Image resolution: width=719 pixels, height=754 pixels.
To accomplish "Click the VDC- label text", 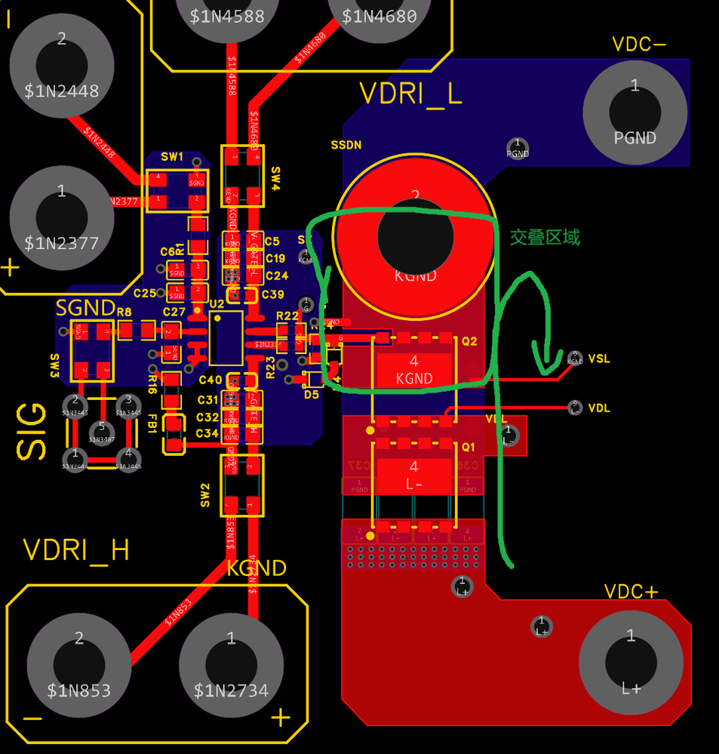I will pos(638,45).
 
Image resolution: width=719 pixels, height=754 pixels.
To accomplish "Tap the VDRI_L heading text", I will pos(410,94).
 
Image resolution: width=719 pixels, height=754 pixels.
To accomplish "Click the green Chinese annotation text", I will pos(545,237).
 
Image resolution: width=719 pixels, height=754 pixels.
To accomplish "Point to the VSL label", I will pos(599,359).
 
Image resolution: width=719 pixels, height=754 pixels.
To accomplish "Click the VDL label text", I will pos(599,408).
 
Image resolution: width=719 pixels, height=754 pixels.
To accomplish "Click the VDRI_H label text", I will pos(76,550).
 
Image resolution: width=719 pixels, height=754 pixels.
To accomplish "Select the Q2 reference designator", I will pos(469,341).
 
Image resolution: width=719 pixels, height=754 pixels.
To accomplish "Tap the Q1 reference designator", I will pos(469,446).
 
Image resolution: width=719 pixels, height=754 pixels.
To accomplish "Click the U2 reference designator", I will pos(217,303).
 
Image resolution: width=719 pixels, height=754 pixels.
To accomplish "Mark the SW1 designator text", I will pos(172,157).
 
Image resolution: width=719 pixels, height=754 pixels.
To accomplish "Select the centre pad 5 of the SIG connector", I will pos(101,428).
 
